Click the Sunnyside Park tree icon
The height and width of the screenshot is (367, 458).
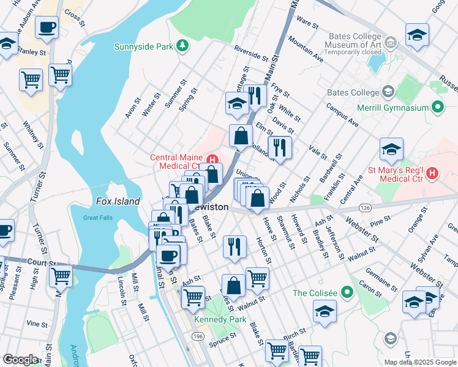click(x=182, y=46)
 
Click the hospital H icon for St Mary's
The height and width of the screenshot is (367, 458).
click(x=433, y=173)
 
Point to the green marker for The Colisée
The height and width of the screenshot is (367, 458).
click(x=347, y=292)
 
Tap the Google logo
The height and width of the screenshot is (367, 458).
click(x=21, y=359)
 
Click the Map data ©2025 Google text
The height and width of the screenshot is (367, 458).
click(x=419, y=362)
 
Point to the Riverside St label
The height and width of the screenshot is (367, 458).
click(x=251, y=54)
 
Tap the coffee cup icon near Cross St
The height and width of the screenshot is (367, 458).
click(x=47, y=28)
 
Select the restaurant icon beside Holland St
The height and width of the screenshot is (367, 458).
click(x=279, y=147)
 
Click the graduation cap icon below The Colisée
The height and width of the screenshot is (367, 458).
click(x=325, y=311)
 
